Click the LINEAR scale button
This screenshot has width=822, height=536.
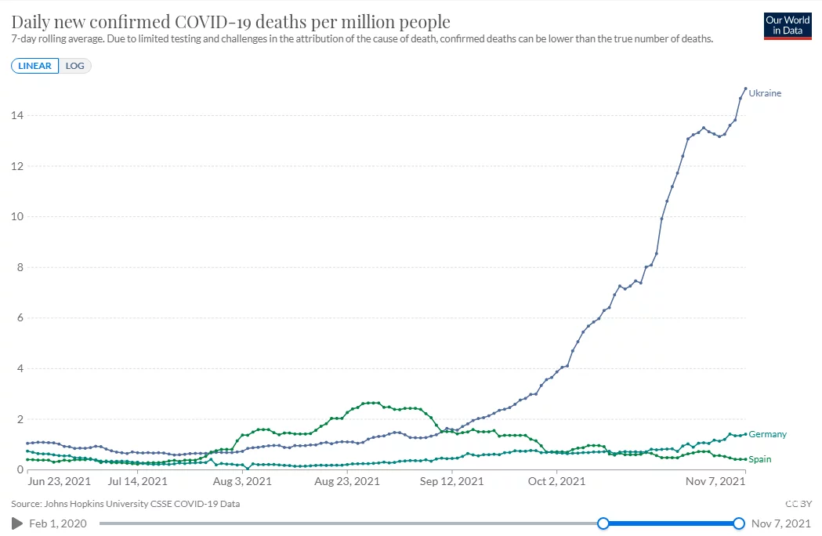coord(34,66)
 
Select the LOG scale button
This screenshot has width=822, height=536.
coord(75,66)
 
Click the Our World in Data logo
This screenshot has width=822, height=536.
coord(788,25)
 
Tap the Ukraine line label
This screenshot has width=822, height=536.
coord(765,93)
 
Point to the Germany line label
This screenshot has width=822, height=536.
coord(767,434)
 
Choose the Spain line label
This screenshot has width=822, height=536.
coord(760,459)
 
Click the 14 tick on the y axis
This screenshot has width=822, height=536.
coord(16,115)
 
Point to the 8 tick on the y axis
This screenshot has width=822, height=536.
coord(20,267)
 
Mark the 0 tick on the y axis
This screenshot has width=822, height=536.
coord(20,469)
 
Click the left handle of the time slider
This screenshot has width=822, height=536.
coord(603,523)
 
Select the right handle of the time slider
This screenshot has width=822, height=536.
coord(739,523)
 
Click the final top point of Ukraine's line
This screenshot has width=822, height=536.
coord(745,89)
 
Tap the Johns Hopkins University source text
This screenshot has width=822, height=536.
coord(126,504)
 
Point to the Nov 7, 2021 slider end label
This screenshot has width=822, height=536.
coord(781,523)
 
